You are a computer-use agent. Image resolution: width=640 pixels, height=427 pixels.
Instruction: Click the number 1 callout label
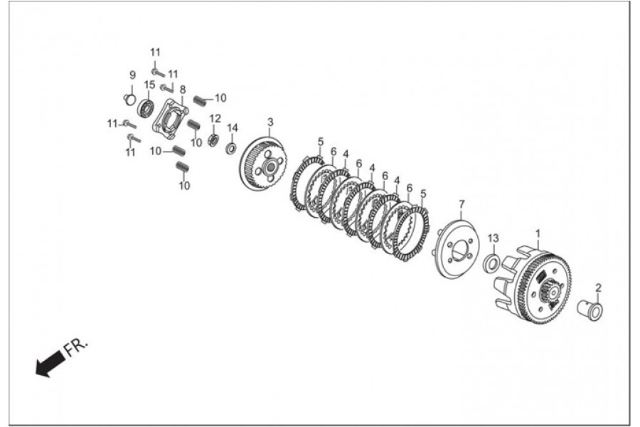pyautogui.click(x=538, y=233)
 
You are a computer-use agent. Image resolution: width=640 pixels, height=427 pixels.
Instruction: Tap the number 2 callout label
pyautogui.click(x=598, y=288)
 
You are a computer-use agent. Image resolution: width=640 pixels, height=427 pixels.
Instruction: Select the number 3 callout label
pyautogui.click(x=270, y=122)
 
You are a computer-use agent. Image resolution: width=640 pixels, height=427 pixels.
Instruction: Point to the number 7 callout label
pyautogui.click(x=461, y=204)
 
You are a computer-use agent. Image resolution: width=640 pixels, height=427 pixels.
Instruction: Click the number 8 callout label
pyautogui.click(x=183, y=90)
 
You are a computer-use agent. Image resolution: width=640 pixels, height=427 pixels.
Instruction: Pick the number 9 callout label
pyautogui.click(x=132, y=75)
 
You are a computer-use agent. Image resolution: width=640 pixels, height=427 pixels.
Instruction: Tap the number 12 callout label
pyautogui.click(x=215, y=118)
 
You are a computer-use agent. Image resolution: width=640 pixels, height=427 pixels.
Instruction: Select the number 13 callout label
pyautogui.click(x=494, y=238)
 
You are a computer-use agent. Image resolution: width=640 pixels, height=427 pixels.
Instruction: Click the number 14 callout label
pyautogui.click(x=232, y=127)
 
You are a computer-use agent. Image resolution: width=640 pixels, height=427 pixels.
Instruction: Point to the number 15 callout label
pyautogui.click(x=149, y=85)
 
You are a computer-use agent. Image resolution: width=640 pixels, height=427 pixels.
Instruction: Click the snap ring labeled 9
pyautogui.click(x=129, y=99)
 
